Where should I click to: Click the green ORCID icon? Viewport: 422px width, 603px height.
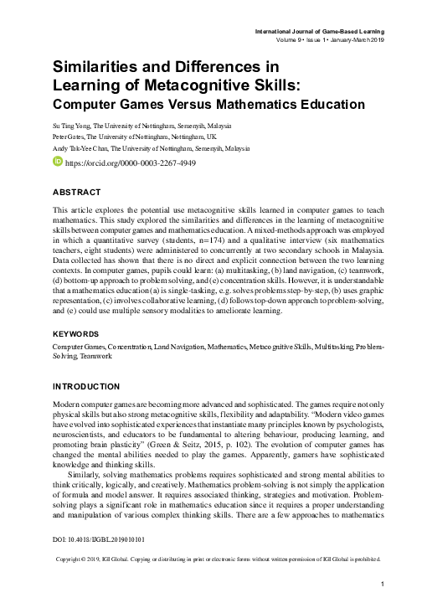pyautogui.click(x=58, y=162)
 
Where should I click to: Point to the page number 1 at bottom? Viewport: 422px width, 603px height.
pyautogui.click(x=382, y=583)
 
